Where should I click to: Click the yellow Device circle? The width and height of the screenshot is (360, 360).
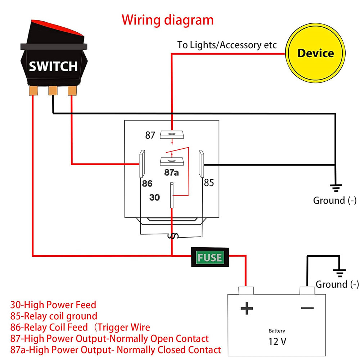[x=315, y=54]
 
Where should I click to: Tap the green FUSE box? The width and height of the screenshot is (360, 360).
[x=210, y=257]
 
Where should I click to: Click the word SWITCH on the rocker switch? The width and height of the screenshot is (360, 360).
[x=53, y=66]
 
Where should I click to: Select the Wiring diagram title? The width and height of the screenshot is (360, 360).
[x=167, y=19]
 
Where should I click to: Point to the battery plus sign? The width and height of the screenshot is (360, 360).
[x=247, y=308]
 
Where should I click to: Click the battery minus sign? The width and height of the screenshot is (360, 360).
[x=307, y=308]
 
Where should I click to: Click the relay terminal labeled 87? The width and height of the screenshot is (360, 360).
[x=172, y=134]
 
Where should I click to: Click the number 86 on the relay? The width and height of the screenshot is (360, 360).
[x=147, y=184]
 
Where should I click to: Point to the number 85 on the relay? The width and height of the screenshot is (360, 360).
[x=209, y=183]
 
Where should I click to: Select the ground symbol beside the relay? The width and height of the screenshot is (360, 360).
[x=336, y=187]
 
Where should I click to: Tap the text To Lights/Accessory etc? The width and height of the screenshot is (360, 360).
[x=227, y=45]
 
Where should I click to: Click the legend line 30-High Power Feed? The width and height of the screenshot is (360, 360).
[x=53, y=305]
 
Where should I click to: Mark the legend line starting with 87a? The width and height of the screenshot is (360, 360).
[x=116, y=349]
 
